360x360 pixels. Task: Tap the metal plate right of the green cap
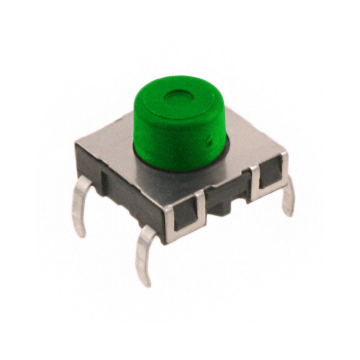pos(250,144)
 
